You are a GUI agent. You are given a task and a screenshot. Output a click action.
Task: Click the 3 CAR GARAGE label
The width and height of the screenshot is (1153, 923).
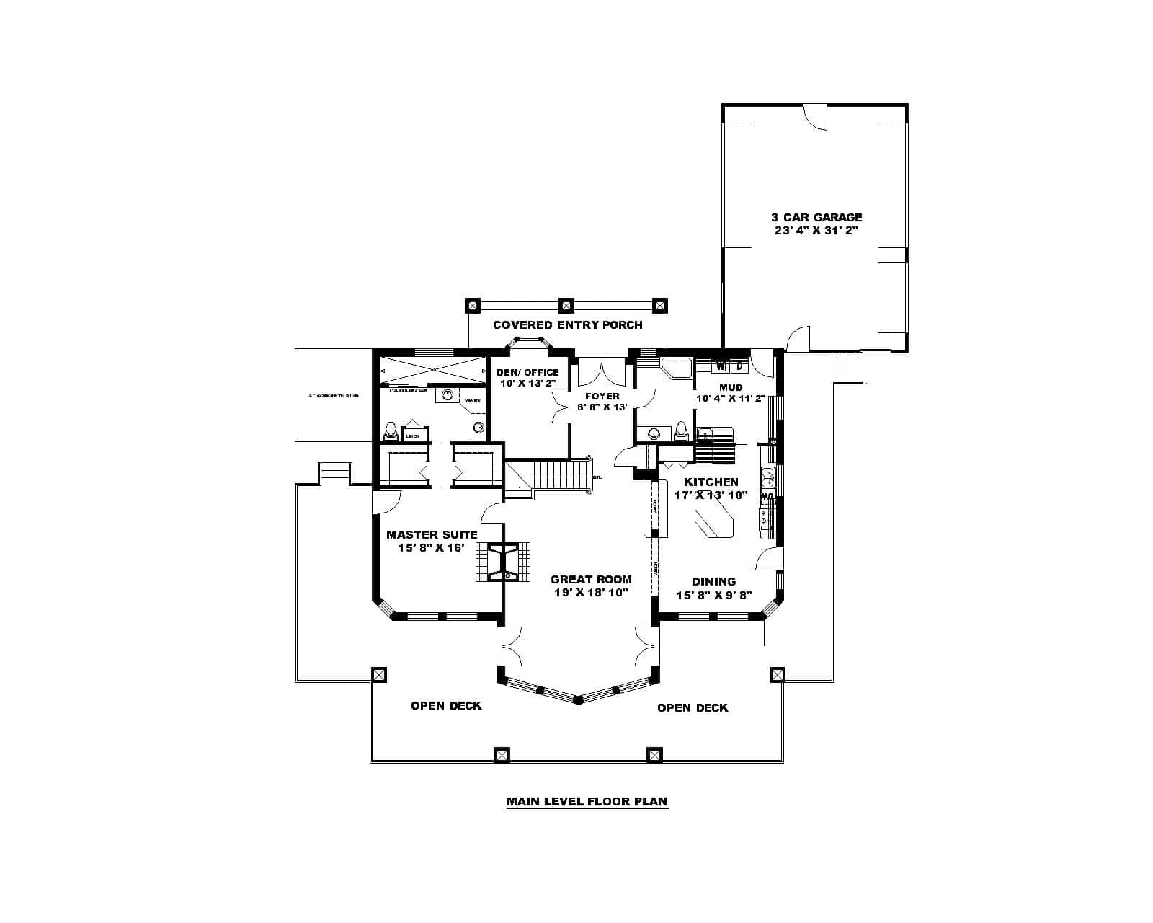[816, 217]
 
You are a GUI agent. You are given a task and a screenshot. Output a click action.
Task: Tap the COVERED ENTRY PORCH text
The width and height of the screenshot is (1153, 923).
[567, 325]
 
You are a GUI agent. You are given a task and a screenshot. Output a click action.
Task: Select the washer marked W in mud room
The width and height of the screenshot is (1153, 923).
[720, 366]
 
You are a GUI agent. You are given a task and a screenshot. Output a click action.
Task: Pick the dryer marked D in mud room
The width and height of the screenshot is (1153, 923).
[739, 366]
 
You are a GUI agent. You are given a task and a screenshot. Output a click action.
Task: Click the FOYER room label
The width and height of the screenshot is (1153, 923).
[602, 396]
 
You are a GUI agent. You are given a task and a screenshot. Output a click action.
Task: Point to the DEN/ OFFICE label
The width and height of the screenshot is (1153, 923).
[527, 372]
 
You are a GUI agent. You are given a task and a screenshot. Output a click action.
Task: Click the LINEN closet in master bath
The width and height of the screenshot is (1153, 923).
[413, 434]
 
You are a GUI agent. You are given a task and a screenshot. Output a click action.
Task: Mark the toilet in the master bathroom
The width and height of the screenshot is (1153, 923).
[390, 432]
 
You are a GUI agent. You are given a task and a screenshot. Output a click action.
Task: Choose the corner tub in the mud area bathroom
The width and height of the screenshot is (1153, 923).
[675, 368]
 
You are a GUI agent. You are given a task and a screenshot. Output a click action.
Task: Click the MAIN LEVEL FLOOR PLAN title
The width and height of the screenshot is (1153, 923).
[587, 801]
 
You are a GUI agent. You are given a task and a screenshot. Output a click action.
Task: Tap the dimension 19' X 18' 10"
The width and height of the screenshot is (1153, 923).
[591, 593]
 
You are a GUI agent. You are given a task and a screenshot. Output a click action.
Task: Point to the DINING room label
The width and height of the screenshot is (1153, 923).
[713, 581]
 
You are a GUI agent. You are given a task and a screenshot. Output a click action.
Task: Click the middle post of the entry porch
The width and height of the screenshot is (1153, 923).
[566, 304]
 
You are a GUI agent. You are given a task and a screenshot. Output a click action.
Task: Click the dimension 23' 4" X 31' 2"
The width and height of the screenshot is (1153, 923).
[816, 231]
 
